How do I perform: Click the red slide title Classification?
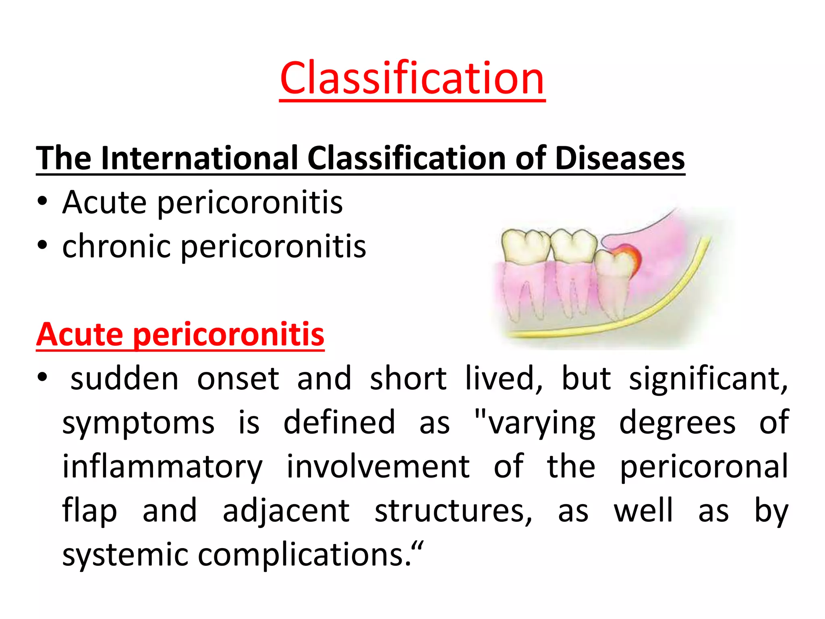412,78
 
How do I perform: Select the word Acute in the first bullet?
104,202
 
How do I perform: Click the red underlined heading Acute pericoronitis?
180,334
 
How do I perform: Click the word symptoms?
138,423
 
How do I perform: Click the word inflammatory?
162,467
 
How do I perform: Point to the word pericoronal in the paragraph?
703,467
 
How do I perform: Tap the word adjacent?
286,511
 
